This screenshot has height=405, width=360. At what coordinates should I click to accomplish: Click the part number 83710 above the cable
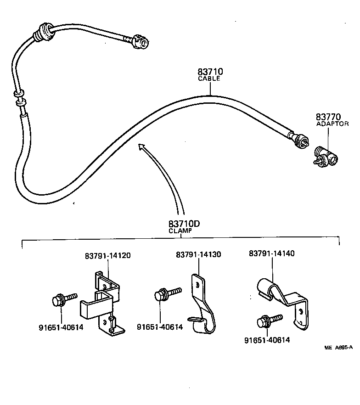210,72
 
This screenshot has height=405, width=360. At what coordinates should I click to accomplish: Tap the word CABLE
209,79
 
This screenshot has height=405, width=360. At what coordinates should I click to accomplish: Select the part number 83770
328,117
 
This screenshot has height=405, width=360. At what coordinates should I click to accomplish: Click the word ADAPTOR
332,124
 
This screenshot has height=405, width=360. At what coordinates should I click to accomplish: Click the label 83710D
184,224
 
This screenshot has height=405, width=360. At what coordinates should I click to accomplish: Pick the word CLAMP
180,231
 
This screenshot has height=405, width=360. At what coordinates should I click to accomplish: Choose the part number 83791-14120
107,255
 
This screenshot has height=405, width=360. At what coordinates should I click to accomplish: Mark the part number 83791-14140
272,253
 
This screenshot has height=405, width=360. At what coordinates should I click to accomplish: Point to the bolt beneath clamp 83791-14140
267,321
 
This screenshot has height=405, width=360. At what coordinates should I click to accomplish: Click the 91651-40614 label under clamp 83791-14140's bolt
267,340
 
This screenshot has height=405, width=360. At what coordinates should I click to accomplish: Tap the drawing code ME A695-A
338,348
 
